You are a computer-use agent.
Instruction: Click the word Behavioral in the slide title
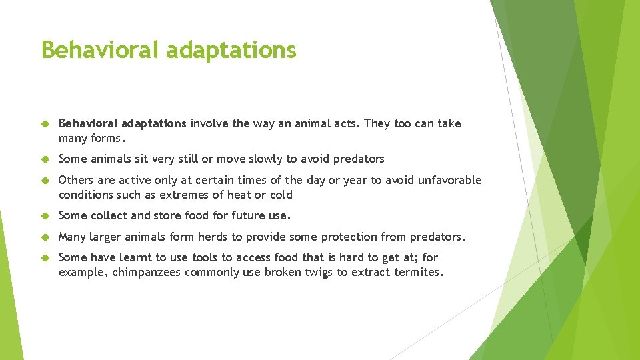click(100, 50)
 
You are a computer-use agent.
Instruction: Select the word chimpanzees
click(146, 272)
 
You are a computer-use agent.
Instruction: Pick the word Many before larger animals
click(73, 237)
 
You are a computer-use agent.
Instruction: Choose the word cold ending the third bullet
click(280, 195)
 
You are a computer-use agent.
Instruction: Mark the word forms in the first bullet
click(107, 138)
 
